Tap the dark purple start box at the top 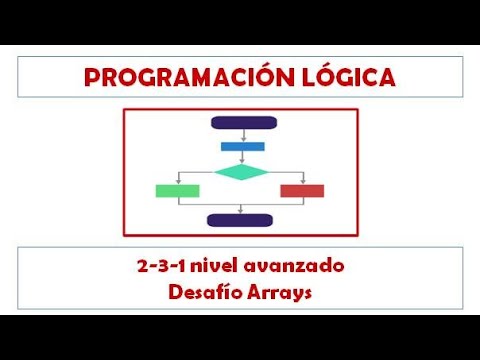(x=240, y=123)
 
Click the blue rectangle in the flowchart (x=242, y=146)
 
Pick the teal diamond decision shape (x=242, y=171)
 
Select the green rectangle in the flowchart (x=177, y=191)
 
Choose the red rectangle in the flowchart (x=302, y=191)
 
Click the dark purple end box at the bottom (x=240, y=220)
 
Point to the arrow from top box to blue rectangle (x=241, y=135)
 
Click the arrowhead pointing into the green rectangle (x=177, y=182)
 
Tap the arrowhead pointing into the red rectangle (x=302, y=182)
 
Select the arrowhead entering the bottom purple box (x=240, y=211)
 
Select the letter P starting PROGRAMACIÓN (x=92, y=77)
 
